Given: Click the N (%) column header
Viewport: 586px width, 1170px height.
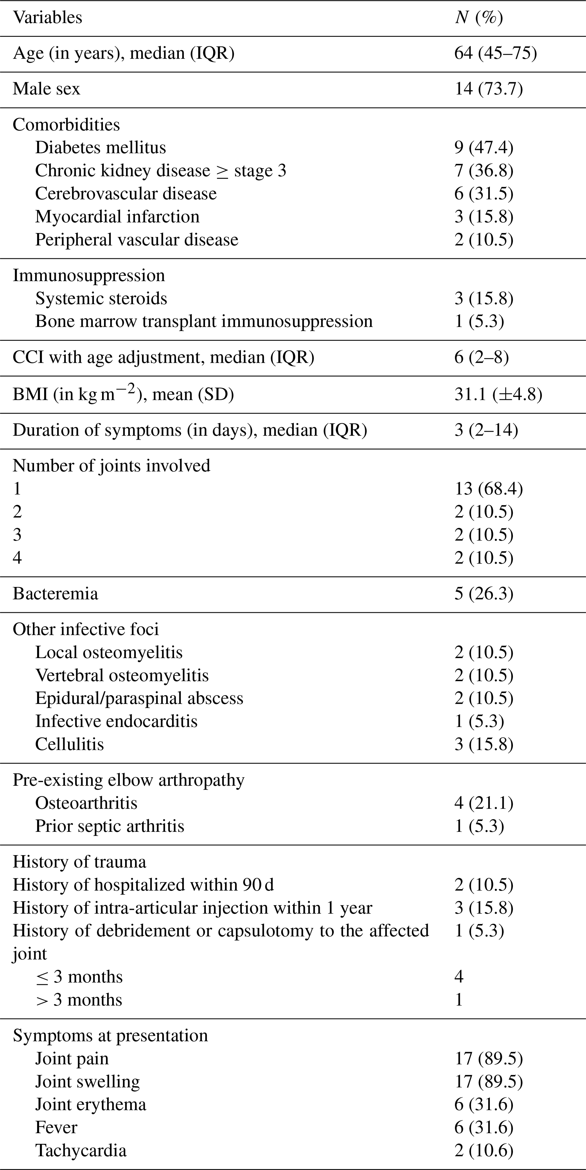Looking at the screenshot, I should [x=479, y=18].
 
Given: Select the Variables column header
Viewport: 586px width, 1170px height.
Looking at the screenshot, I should [x=48, y=18].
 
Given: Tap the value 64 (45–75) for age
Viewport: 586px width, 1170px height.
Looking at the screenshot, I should [x=496, y=53].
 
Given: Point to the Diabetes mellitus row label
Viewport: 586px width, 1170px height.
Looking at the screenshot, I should [x=100, y=148].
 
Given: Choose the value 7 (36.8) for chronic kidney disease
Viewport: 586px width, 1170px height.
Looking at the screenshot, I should [x=484, y=171].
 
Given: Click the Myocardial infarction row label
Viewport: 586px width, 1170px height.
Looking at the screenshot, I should [x=117, y=217].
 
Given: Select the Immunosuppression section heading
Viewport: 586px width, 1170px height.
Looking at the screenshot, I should [x=88, y=275].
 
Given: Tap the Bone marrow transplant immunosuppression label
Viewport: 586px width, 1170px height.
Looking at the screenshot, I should [x=204, y=321].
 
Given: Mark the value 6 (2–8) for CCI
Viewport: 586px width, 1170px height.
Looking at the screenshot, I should [x=481, y=357].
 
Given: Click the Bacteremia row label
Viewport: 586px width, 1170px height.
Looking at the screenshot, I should [x=55, y=594].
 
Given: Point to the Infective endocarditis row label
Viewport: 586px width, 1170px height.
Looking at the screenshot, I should [x=116, y=721].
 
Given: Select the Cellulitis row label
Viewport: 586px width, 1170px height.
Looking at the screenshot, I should [x=69, y=744].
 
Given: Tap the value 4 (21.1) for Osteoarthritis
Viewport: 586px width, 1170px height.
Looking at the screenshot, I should [x=484, y=803].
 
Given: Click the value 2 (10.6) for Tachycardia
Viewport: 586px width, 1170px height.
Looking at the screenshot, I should [x=484, y=1150].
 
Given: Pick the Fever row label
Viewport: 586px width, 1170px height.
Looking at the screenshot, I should [x=56, y=1127].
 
